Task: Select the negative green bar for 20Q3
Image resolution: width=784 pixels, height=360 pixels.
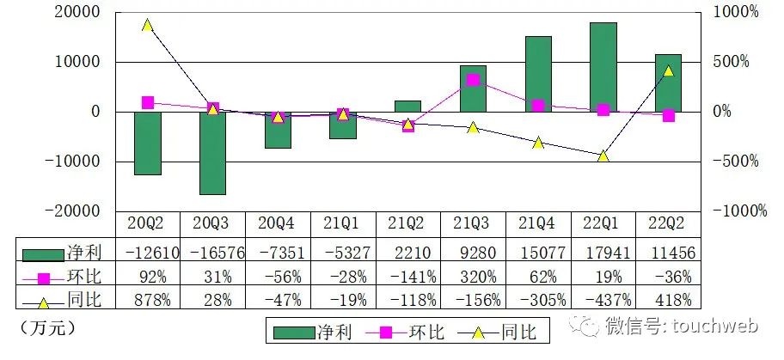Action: (x=212, y=153)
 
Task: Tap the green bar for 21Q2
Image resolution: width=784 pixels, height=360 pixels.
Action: (x=407, y=106)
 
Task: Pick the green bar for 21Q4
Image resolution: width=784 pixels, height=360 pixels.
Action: (x=538, y=74)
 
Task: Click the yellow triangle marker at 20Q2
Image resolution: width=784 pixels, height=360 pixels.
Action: (x=148, y=25)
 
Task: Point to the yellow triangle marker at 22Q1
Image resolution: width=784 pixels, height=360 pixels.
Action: (x=603, y=156)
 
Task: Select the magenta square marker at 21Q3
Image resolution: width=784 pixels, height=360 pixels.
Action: (x=473, y=80)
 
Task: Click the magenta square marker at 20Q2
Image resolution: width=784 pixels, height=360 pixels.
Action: (x=148, y=103)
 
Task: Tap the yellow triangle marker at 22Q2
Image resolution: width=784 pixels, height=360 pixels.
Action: (x=668, y=70)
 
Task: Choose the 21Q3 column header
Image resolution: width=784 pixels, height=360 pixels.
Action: (x=473, y=223)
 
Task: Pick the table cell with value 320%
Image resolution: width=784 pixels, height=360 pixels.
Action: (x=473, y=277)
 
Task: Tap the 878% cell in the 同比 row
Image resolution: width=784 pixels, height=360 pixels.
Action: (x=148, y=300)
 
